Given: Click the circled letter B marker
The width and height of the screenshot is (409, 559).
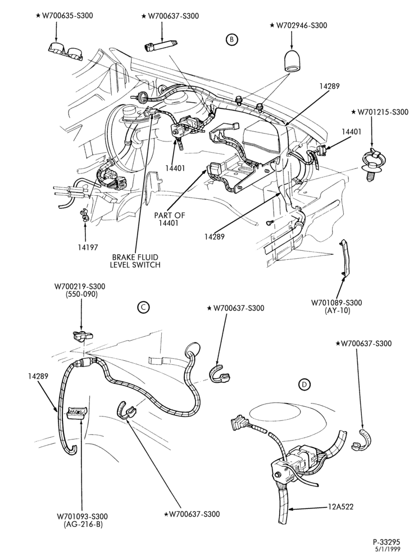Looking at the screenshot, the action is click(231, 40).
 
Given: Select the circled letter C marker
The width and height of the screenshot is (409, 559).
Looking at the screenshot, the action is click(143, 308).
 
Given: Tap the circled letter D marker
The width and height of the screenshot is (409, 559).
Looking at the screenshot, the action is click(304, 384).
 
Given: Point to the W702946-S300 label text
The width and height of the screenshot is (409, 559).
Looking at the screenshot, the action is click(298, 25).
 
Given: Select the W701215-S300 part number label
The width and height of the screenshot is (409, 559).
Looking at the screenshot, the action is click(380, 112).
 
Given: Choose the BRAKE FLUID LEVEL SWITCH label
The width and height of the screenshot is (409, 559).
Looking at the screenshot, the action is click(135, 260).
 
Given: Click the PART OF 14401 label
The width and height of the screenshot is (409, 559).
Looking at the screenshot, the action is click(170, 219).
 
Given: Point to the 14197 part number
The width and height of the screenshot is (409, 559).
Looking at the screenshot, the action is click(88, 247).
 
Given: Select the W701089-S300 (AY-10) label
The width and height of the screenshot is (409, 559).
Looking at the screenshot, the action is click(337, 306).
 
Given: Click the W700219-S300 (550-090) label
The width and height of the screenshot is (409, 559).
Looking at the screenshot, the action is click(80, 290).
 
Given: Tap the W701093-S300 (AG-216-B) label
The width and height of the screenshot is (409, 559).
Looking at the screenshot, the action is click(82, 520).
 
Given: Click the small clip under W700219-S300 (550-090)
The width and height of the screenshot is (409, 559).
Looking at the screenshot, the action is click(83, 335).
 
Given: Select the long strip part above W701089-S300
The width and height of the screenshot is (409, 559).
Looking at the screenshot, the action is click(345, 257).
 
